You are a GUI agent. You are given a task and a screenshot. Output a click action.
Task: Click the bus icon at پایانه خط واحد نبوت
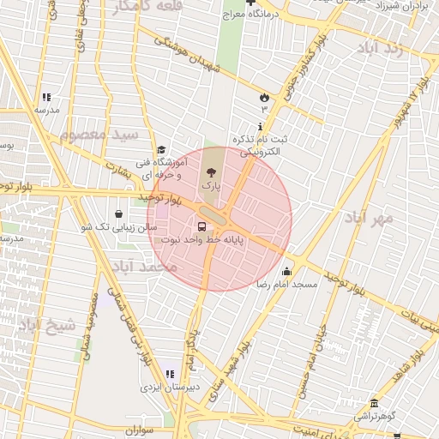click(201, 227)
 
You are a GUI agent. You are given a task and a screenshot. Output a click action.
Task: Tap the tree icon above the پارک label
click(212, 171)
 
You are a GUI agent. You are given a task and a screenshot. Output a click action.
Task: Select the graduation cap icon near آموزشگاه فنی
click(161, 149)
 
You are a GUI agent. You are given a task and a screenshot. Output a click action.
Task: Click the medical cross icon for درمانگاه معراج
click(250, 3)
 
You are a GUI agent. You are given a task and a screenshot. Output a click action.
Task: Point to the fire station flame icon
click(264, 97)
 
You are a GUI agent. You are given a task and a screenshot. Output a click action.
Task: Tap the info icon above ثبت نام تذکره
click(260, 125)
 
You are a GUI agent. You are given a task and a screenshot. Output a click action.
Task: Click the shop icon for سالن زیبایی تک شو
click(117, 213)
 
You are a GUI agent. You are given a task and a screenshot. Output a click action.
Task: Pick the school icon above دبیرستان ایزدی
click(169, 374)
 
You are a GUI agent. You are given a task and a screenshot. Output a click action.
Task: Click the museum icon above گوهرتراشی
click(374, 404)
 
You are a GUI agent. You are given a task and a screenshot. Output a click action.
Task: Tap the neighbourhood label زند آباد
click(394, 49)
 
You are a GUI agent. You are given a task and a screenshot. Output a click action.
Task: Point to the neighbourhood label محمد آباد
click(147, 268)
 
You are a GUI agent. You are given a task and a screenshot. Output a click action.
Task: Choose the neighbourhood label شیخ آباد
click(48, 325)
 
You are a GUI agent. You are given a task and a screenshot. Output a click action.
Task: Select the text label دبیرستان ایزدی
click(167, 388)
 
